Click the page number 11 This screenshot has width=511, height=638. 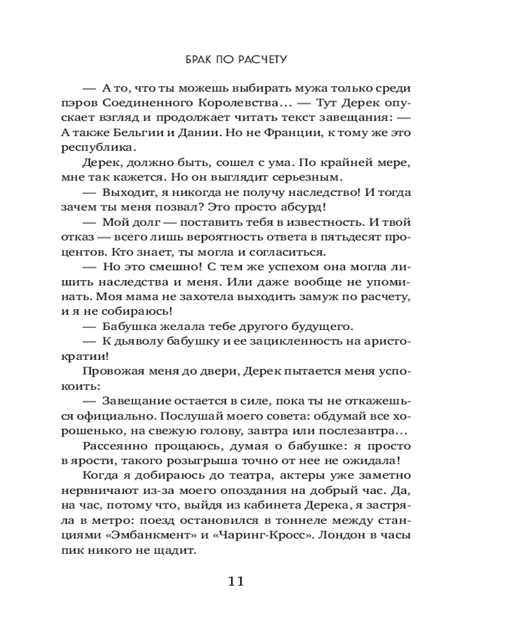pos(236,581)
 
